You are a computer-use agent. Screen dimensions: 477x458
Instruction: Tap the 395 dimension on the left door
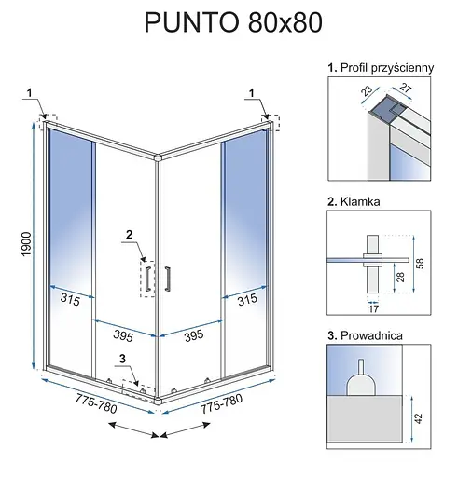[114, 334]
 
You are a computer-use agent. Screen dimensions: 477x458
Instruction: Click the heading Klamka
[358, 201]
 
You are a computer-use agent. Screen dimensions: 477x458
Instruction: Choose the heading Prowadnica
[368, 334]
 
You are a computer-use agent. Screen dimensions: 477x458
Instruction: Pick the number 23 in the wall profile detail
[366, 91]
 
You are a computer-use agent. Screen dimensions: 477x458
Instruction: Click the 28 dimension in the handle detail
[398, 277]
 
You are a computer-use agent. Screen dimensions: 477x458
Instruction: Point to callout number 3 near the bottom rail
[121, 359]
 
